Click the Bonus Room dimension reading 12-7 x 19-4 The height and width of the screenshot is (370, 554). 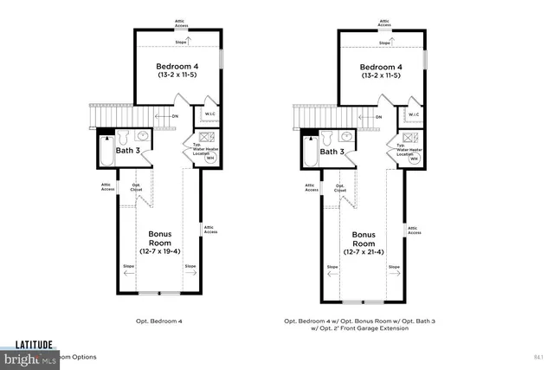(x=164, y=251)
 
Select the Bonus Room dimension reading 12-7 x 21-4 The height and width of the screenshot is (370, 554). (x=369, y=251)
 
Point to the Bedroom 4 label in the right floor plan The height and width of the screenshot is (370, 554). (x=381, y=67)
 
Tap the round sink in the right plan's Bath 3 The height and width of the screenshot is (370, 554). (x=346, y=137)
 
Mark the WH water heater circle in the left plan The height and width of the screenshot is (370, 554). (x=209, y=159)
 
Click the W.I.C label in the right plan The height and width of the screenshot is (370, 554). (x=414, y=114)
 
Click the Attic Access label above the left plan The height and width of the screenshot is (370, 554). (x=179, y=22)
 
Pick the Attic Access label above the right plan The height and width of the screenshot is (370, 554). (x=384, y=22)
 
